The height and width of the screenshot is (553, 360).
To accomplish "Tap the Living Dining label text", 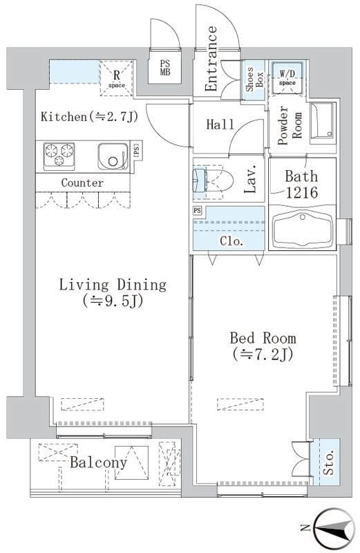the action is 113,285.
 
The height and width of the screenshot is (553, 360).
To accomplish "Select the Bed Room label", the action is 263,338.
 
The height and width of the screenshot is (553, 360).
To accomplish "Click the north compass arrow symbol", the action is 334,528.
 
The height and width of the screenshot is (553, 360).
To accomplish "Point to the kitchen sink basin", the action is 111,156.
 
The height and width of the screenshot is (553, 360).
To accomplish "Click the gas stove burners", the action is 59,154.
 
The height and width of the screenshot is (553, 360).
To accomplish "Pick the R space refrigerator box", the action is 117,78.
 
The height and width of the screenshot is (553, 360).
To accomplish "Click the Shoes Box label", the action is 254,79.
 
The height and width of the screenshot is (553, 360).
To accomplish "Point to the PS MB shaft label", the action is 164,68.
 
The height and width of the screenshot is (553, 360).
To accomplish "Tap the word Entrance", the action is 211,59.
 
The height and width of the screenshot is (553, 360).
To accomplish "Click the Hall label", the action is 220,124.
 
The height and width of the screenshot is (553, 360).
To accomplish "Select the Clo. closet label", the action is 231,241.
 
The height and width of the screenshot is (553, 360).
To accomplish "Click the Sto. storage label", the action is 328,462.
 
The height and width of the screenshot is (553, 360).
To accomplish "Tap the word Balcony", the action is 98,462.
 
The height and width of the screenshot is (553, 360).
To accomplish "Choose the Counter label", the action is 82,182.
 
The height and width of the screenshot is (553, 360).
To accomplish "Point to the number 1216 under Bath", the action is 302,192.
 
